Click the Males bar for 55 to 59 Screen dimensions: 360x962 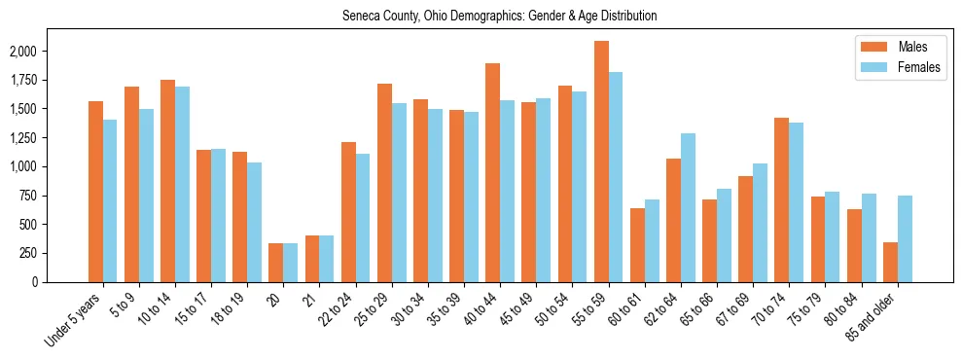coord(602,162)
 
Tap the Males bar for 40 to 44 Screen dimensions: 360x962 coord(493,172)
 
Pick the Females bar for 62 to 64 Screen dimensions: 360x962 coord(689,207)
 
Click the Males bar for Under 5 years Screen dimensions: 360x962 coord(95,192)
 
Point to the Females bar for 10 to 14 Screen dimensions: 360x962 coord(183,184)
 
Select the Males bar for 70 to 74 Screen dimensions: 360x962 coord(782,199)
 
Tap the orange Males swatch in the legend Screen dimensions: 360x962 coord(871,47)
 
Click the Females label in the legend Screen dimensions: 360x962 coord(919,67)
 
